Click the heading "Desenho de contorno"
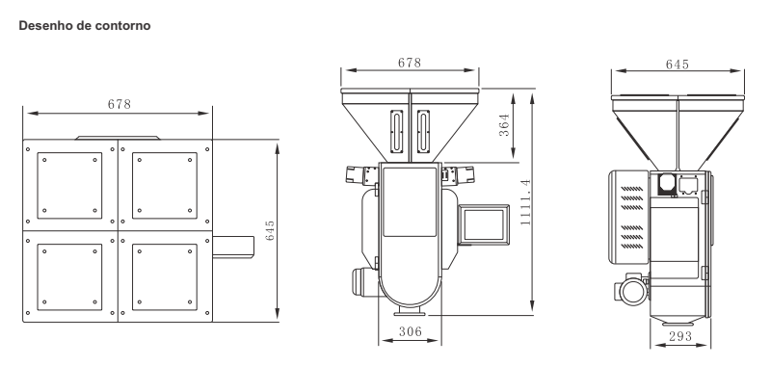click(85, 26)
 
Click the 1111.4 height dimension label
click(525, 202)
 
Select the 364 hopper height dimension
click(504, 125)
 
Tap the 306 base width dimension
click(411, 331)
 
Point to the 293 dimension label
click(680, 336)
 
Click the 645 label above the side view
click(678, 65)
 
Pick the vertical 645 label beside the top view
click(270, 230)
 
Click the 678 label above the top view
click(119, 104)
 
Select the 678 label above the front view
click(410, 63)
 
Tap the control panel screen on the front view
click(484, 225)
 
